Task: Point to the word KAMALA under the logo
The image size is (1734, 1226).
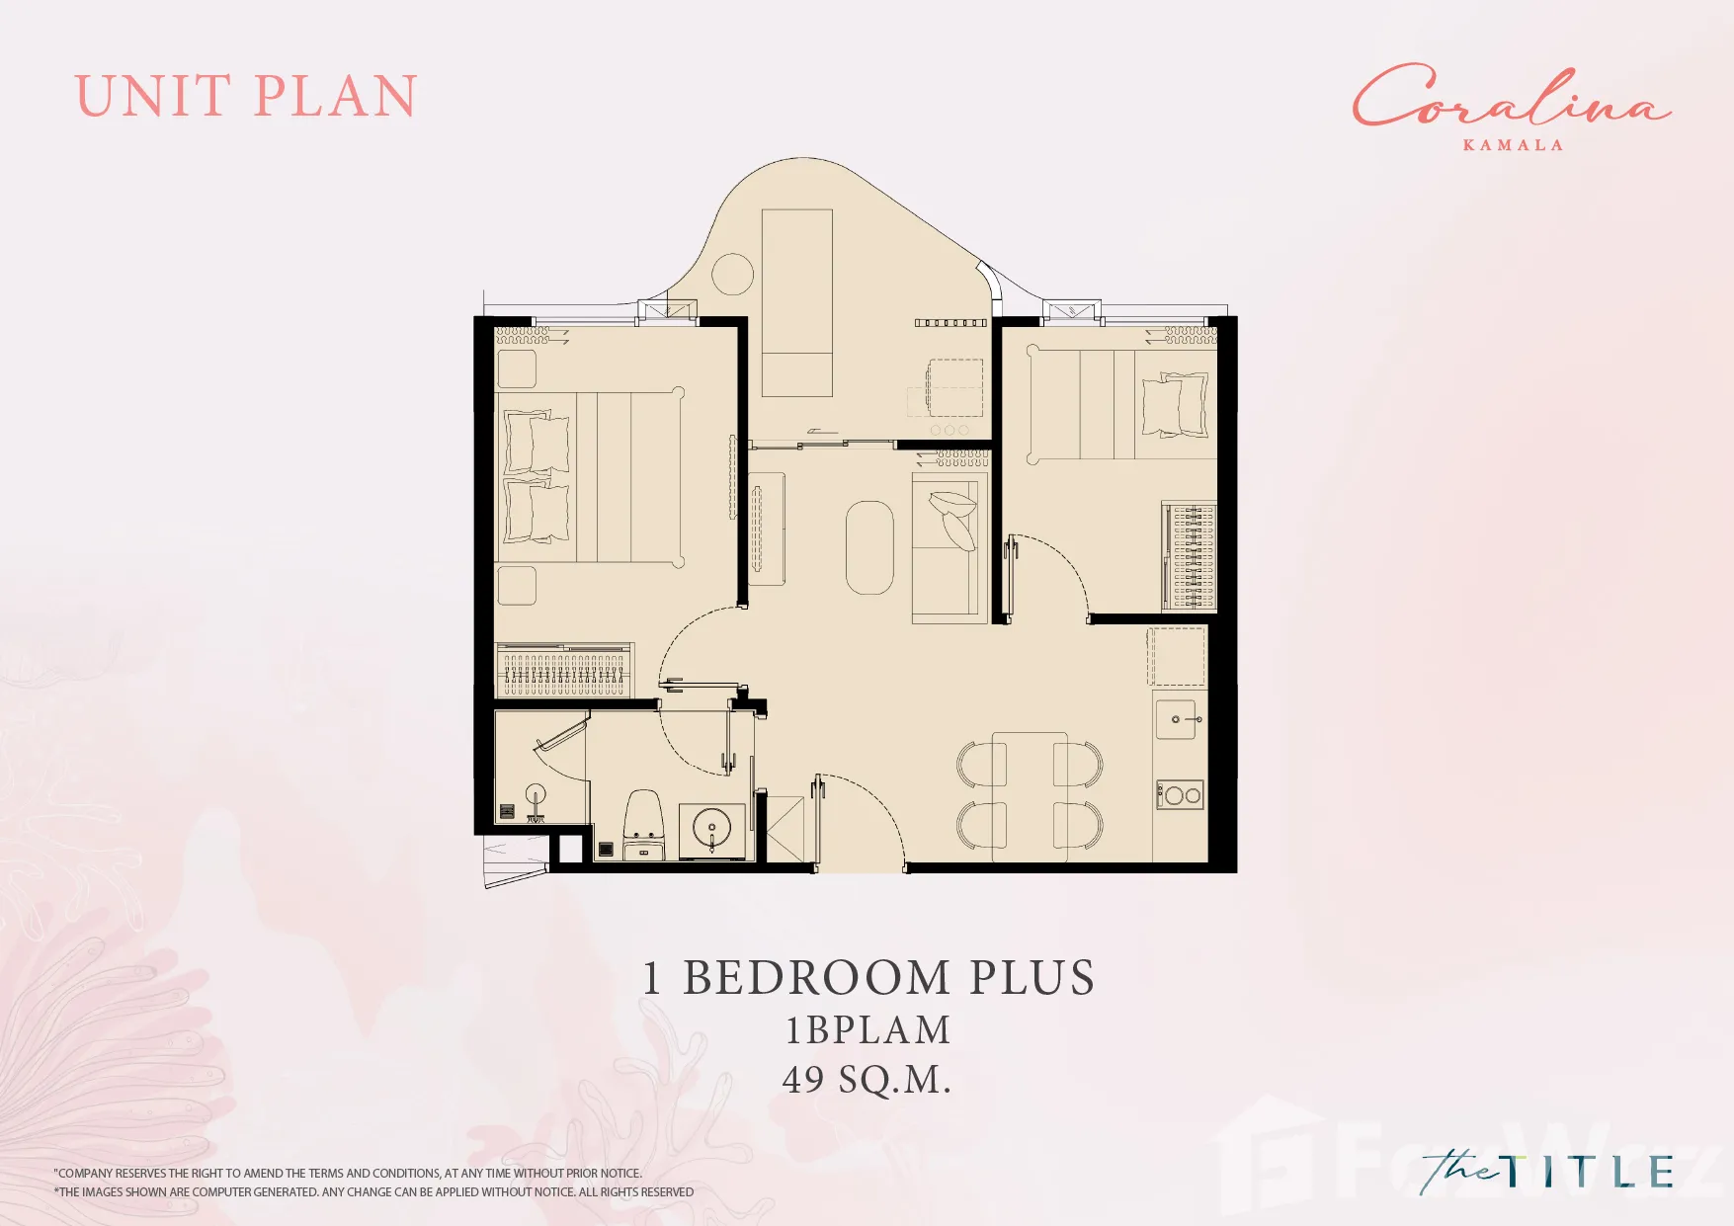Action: (x=1513, y=145)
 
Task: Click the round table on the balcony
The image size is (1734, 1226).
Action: (x=733, y=275)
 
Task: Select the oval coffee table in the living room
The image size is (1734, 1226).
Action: (x=869, y=547)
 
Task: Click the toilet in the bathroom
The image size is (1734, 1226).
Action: (x=644, y=825)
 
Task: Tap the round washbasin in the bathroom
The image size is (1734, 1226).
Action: (x=711, y=828)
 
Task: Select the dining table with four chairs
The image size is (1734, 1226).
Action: (x=1030, y=795)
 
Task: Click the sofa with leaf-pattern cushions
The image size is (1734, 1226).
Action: (x=950, y=547)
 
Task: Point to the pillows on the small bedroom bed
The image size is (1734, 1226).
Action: (x=1176, y=405)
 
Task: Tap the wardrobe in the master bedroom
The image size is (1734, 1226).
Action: (x=564, y=670)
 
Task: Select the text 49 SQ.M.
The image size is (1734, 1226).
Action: (x=867, y=1080)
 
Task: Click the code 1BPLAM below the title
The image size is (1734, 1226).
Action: (x=867, y=1030)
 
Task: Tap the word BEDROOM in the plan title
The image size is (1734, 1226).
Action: (x=816, y=978)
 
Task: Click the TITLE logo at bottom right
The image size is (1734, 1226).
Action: (x=1547, y=1173)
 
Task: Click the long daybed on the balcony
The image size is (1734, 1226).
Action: (x=797, y=302)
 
